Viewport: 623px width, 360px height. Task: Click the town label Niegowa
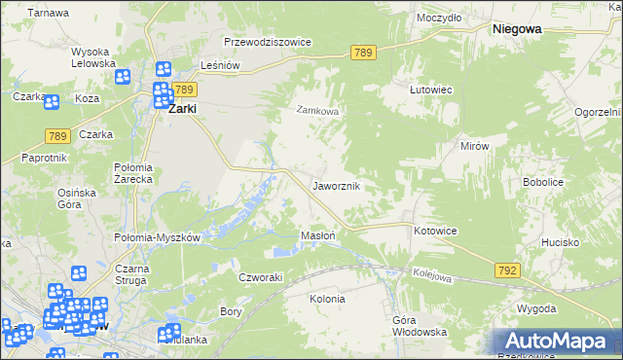pyautogui.click(x=517, y=29)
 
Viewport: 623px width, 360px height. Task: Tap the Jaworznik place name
pyautogui.click(x=337, y=185)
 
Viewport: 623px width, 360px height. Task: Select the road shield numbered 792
pyautogui.click(x=507, y=269)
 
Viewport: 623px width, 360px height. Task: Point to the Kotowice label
pyautogui.click(x=435, y=231)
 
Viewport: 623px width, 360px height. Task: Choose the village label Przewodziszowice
pyautogui.click(x=267, y=43)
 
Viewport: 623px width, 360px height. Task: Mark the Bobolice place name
pyautogui.click(x=544, y=182)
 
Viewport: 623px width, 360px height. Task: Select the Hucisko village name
pyautogui.click(x=561, y=241)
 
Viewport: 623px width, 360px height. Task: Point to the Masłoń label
pyautogui.click(x=318, y=235)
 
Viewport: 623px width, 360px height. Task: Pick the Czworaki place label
pyautogui.click(x=261, y=277)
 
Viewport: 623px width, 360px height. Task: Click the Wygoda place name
pyautogui.click(x=536, y=308)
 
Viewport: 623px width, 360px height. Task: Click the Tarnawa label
pyautogui.click(x=48, y=14)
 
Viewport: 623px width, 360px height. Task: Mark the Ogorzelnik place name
pyautogui.click(x=596, y=113)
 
